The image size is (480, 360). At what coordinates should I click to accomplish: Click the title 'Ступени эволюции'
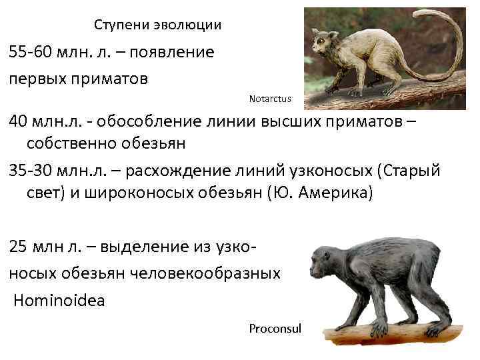pyautogui.click(x=157, y=25)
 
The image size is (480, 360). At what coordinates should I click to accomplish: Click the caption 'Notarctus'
pyautogui.click(x=270, y=99)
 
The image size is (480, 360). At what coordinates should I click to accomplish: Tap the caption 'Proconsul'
pyautogui.click(x=275, y=329)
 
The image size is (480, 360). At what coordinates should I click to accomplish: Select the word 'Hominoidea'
pyautogui.click(x=59, y=301)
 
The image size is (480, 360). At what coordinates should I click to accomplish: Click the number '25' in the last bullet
pyautogui.click(x=19, y=247)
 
